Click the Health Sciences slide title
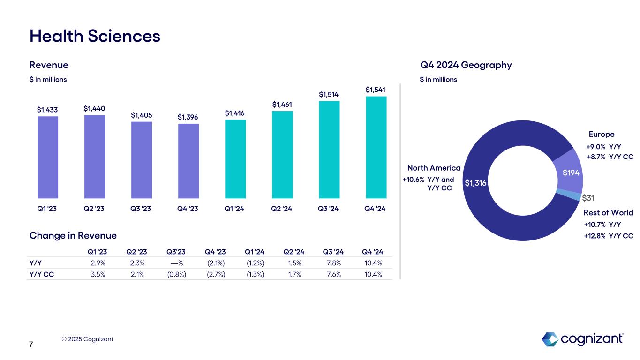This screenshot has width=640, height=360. click(x=95, y=36)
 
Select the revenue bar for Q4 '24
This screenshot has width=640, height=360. click(x=376, y=148)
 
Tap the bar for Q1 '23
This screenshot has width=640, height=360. click(x=47, y=157)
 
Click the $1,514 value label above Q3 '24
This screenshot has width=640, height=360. click(x=329, y=95)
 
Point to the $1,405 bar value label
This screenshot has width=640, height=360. click(x=141, y=115)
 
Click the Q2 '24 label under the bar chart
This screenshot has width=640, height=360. click(x=282, y=209)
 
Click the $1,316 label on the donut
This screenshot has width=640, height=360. click(x=475, y=183)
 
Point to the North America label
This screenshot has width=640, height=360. click(x=434, y=168)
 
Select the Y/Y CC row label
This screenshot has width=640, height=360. click(x=42, y=274)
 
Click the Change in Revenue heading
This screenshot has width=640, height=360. click(x=73, y=235)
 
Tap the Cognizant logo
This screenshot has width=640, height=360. click(x=582, y=339)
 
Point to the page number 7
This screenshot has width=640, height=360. click(x=31, y=345)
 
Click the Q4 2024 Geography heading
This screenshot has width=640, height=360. click(x=466, y=65)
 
